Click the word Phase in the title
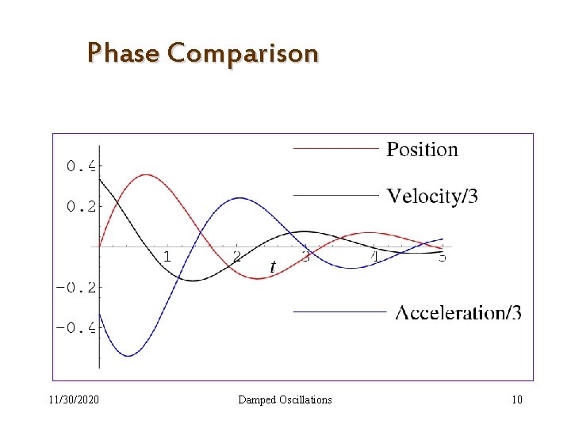click(x=123, y=53)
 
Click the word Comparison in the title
click(x=243, y=54)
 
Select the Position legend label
click(x=422, y=149)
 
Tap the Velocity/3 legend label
click(x=432, y=196)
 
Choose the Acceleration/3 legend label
click(x=458, y=312)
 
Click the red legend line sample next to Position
click(x=335, y=148)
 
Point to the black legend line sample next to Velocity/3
click(x=335, y=194)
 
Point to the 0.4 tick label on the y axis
click(x=80, y=166)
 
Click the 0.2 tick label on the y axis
click(x=80, y=206)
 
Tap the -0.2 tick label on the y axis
click(x=75, y=287)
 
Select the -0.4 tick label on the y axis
click(x=75, y=327)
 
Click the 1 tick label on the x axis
click(x=167, y=257)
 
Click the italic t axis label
click(x=273, y=267)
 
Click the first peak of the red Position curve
click(x=146, y=174)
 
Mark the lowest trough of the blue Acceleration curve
click(x=128, y=356)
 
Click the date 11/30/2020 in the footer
click(x=74, y=399)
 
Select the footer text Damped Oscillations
click(x=285, y=399)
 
